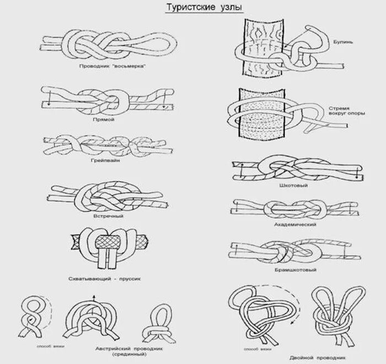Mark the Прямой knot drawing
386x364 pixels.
106,101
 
